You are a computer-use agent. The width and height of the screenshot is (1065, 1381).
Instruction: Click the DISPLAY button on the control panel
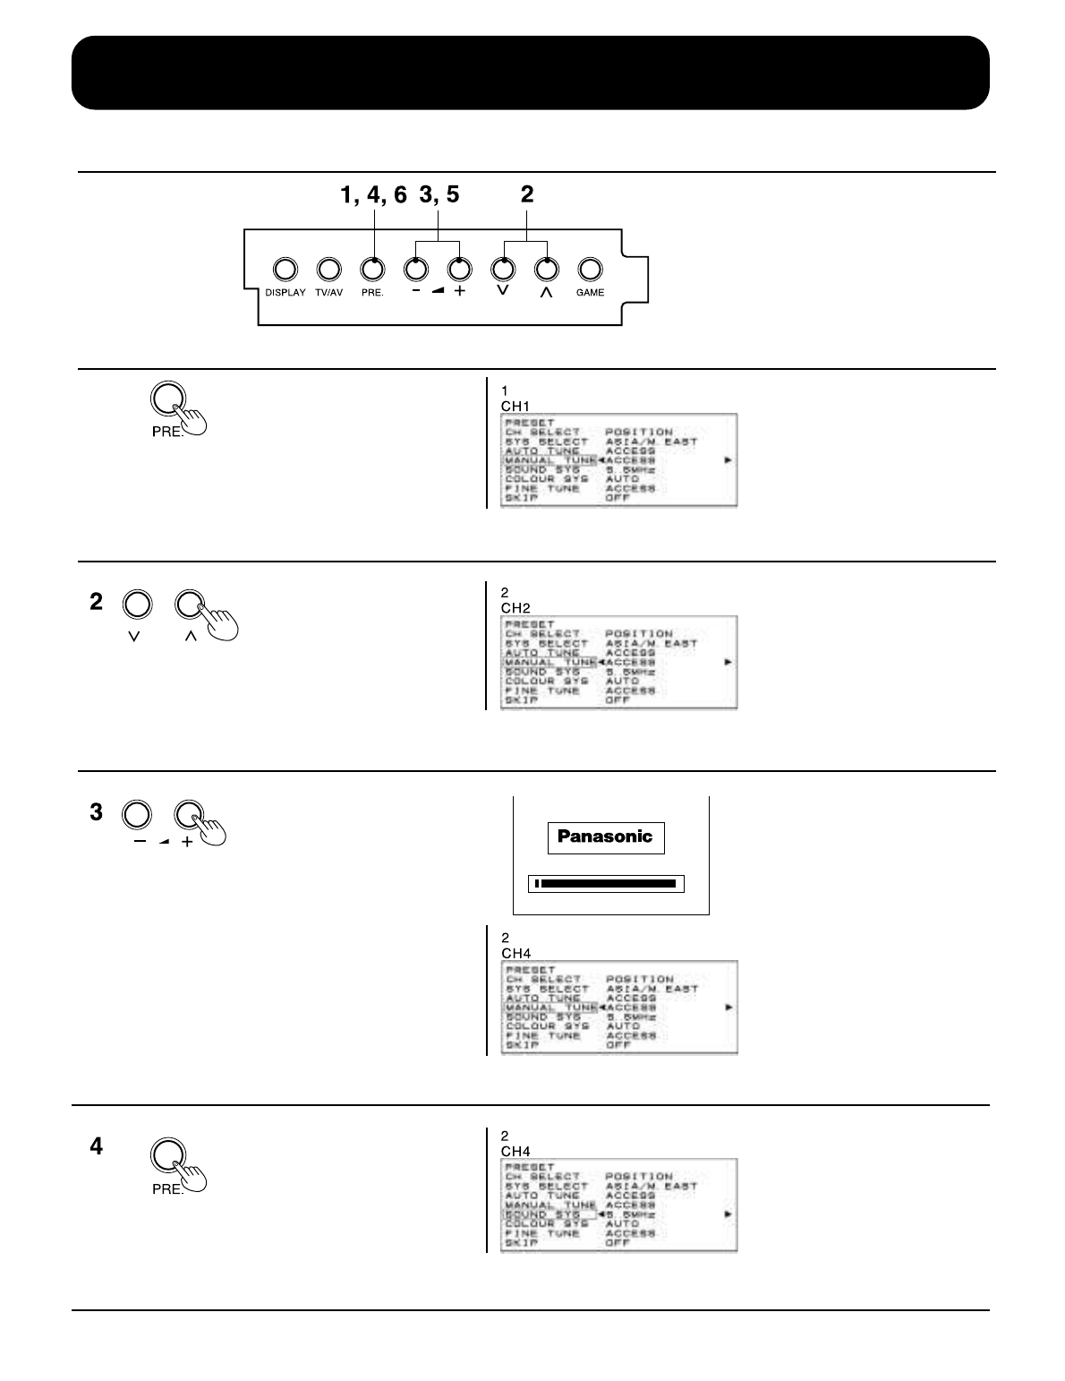[x=285, y=269]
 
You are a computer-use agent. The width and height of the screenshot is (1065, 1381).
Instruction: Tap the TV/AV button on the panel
[x=328, y=269]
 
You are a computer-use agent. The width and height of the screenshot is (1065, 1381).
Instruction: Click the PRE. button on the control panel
[x=372, y=269]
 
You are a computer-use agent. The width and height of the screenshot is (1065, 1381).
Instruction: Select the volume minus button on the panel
[x=416, y=269]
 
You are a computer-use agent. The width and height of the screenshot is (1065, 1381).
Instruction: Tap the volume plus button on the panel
[x=459, y=269]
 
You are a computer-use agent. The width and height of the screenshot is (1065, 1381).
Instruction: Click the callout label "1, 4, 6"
[x=373, y=194]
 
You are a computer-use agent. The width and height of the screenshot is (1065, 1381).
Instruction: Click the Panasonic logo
[x=606, y=837]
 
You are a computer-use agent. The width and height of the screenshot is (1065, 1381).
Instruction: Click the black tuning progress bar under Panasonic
[x=606, y=884]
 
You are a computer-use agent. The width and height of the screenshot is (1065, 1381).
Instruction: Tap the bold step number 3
[x=96, y=813]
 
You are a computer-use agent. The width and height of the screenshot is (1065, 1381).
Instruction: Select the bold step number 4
[x=96, y=1146]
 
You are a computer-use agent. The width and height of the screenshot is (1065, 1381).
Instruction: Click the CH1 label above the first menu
[x=515, y=406]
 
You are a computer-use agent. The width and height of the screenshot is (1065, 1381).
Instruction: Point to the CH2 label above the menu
[x=515, y=608]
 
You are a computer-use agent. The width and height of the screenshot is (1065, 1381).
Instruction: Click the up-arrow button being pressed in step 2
[x=189, y=605]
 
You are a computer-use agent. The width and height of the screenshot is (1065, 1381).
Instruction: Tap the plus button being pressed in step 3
[x=187, y=814]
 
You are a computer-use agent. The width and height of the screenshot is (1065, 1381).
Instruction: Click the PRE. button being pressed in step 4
[x=166, y=1155]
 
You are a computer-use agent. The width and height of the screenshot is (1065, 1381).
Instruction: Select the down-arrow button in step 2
[x=136, y=605]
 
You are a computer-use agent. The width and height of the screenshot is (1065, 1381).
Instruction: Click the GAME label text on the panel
[x=590, y=293]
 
